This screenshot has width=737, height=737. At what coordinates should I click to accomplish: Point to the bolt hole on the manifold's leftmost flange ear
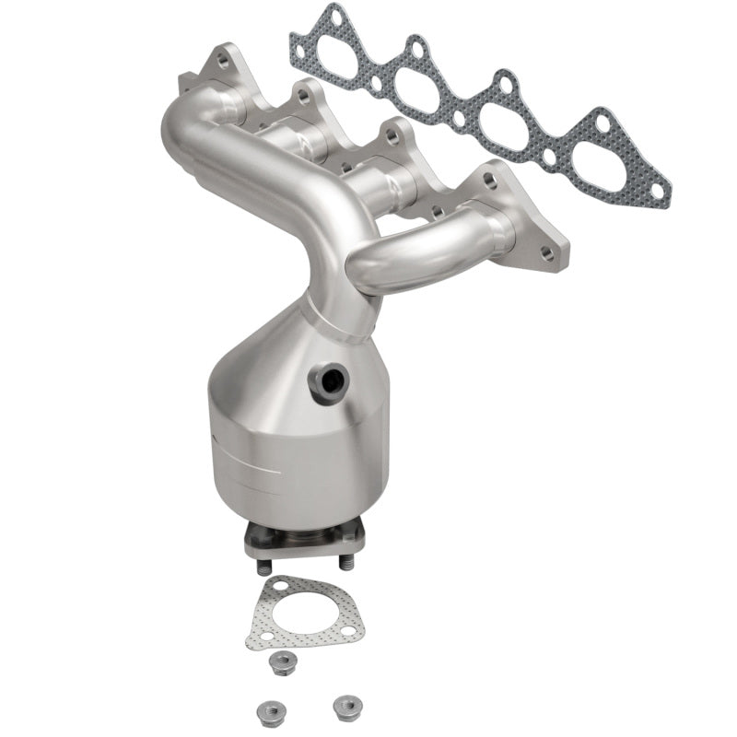(221, 61)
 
